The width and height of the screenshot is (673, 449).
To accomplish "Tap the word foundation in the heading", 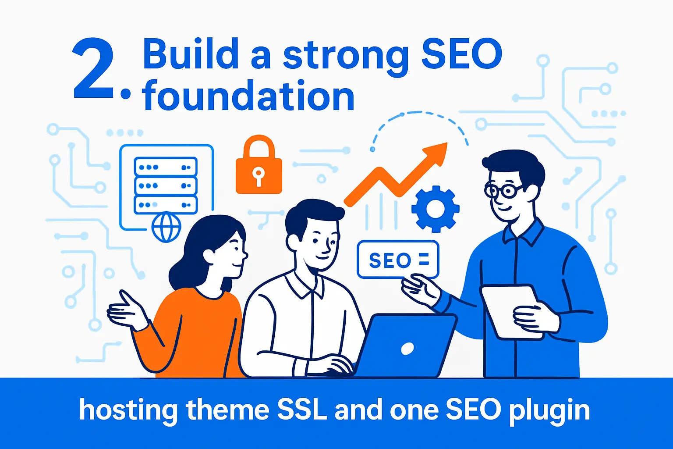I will click(248, 96).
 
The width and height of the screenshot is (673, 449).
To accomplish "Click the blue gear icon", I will click(435, 208).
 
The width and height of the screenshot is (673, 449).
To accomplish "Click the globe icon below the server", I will click(166, 228).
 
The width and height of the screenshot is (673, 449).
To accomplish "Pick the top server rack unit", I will click(166, 167).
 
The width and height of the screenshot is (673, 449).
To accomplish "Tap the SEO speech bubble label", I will click(398, 260).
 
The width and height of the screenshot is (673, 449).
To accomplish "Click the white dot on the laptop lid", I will click(407, 349).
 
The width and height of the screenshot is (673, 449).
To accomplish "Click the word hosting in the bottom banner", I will click(128, 411).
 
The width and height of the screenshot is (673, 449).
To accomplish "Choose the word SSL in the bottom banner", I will click(302, 410).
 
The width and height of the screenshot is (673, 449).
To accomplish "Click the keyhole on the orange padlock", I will click(258, 175).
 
